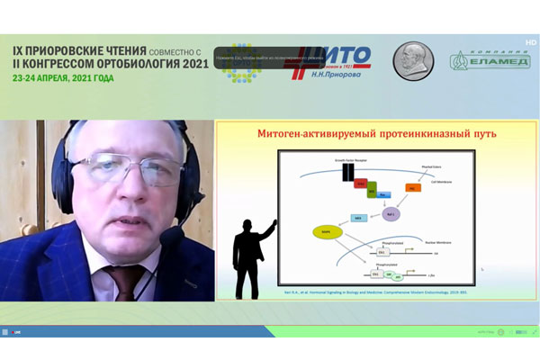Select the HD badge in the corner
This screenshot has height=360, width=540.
coord(530,41)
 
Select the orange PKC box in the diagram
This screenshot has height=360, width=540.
coord(413,188)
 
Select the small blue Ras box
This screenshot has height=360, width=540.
coord(381,194)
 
